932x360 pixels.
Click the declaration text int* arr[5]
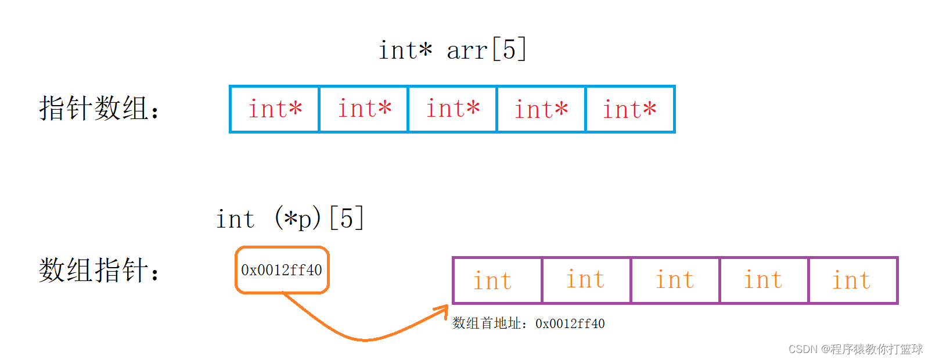click(x=453, y=50)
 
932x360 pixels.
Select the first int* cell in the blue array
click(x=275, y=109)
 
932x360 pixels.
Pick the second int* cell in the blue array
click(x=364, y=109)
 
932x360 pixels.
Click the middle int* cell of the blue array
click(x=452, y=109)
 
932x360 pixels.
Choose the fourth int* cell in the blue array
click(x=541, y=109)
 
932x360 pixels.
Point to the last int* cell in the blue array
click(x=630, y=109)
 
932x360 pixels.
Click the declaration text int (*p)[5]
click(x=290, y=218)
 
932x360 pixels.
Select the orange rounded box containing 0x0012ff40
click(x=282, y=270)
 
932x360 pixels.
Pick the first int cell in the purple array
click(x=498, y=280)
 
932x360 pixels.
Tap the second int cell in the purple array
click(x=586, y=280)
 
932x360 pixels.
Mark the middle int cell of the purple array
click(x=675, y=280)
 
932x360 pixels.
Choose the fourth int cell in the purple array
click(x=764, y=280)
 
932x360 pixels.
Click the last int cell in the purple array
click(x=853, y=280)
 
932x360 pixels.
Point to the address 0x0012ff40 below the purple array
click(x=570, y=323)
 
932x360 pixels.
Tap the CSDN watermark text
click(x=855, y=349)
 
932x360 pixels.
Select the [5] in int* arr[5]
click(x=509, y=49)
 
